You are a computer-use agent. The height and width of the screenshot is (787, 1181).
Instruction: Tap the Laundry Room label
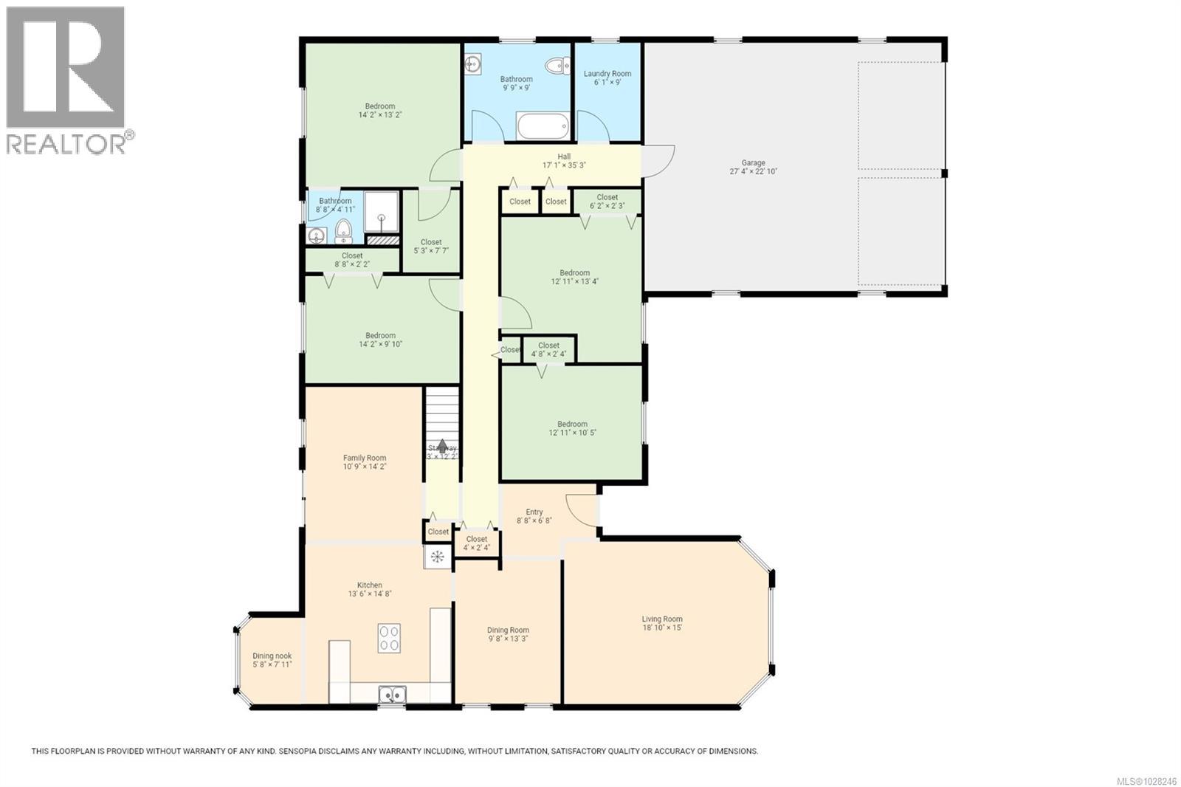point(607,74)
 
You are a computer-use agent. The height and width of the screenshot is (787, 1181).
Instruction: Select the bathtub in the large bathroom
point(543,126)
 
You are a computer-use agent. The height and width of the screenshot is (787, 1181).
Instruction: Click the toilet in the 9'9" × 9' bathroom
point(557,66)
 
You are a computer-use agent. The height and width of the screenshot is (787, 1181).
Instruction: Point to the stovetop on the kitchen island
point(389,638)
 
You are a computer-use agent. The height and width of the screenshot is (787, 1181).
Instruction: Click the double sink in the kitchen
point(392,694)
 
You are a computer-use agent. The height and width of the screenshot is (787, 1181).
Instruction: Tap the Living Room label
point(661,619)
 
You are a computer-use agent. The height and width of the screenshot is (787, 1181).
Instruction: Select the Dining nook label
point(272,656)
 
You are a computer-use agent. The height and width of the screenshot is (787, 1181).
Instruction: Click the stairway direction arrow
point(442,446)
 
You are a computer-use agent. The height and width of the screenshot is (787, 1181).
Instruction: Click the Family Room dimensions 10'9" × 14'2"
point(364,467)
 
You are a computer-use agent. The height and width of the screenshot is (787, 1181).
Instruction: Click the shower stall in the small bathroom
point(382,213)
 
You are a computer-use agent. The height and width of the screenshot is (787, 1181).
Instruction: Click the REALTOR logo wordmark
point(66,144)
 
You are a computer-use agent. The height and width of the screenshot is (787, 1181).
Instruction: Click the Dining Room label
point(508,630)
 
